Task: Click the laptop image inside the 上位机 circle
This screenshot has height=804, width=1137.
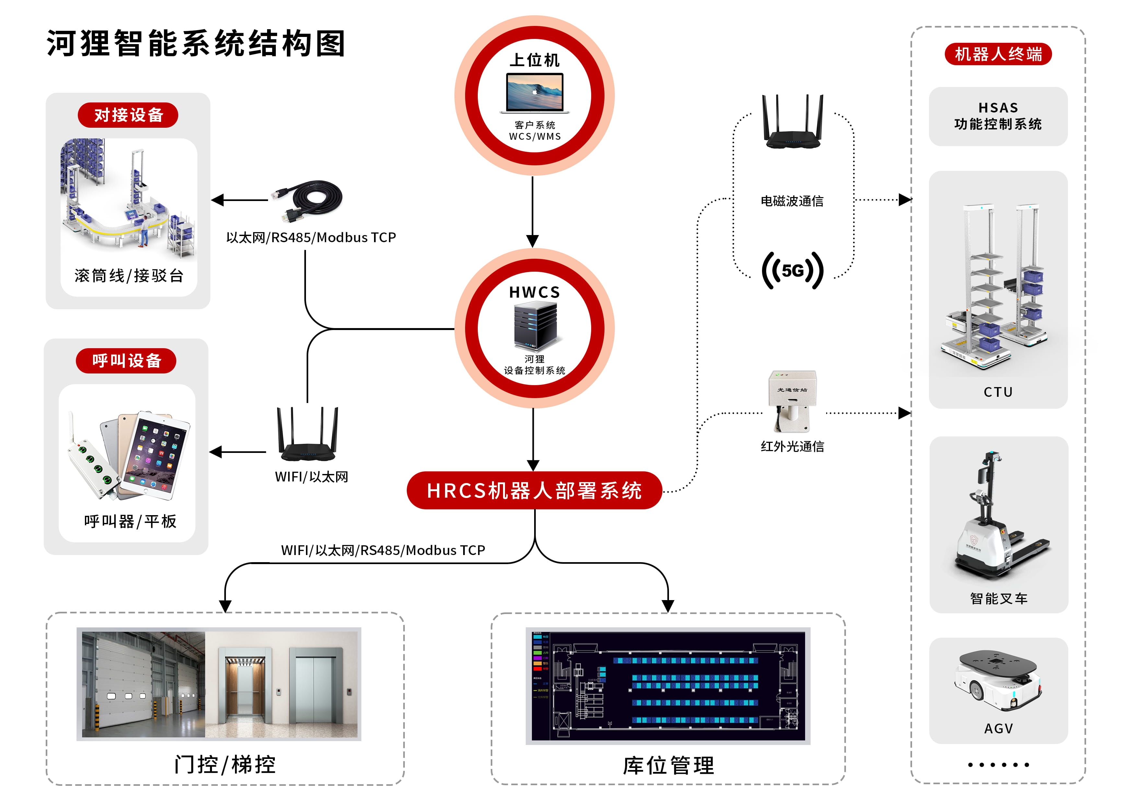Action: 534,93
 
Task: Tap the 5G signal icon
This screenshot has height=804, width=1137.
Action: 792,270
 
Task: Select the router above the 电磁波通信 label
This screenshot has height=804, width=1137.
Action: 792,124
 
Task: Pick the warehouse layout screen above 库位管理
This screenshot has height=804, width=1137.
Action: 668,686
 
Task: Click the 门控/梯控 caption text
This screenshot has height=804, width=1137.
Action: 225,764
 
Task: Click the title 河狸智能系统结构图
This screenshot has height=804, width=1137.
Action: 196,43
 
